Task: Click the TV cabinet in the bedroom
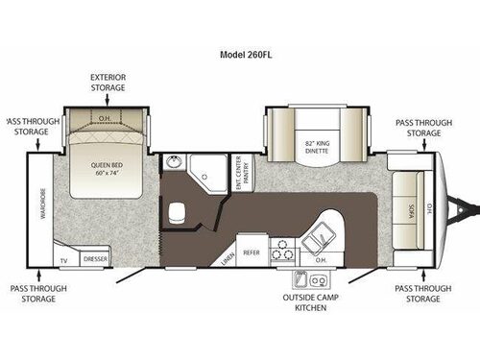click(x=64, y=259)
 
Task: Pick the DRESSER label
click(x=95, y=259)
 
